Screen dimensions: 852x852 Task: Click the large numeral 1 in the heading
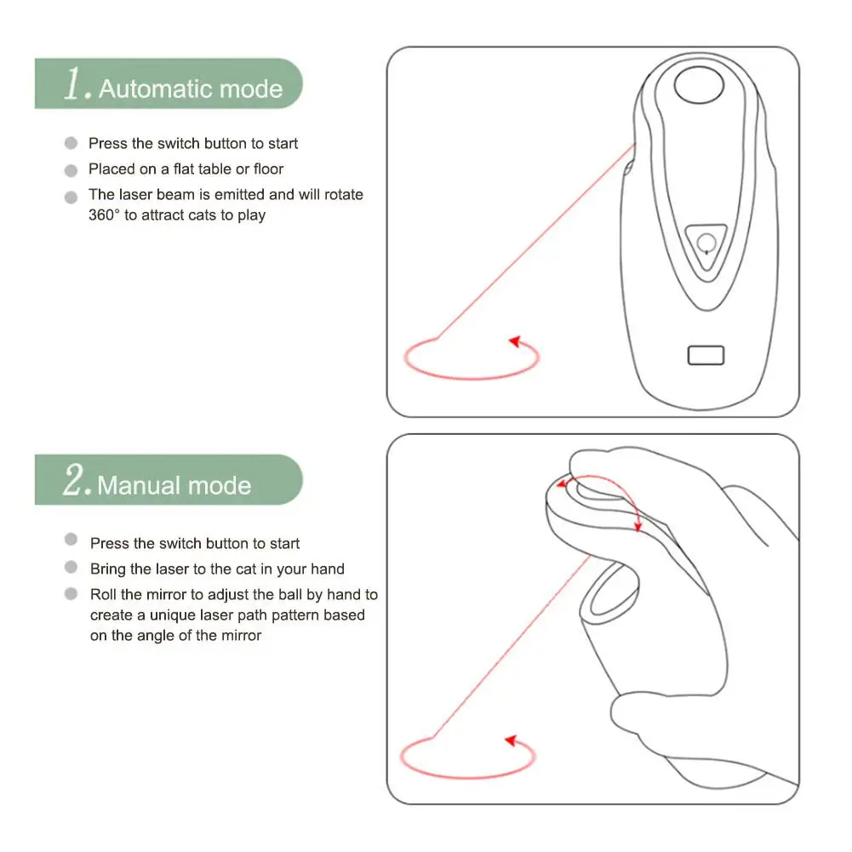(x=74, y=83)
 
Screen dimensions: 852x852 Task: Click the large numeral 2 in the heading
(x=74, y=479)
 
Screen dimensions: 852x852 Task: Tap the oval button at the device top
(x=699, y=85)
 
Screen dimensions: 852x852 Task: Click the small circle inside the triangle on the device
(x=706, y=243)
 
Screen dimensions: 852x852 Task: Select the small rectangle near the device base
(x=706, y=356)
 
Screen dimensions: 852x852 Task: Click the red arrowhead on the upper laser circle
(x=515, y=341)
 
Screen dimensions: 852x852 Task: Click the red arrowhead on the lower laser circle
(x=512, y=740)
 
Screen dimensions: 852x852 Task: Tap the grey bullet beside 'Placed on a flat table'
(x=71, y=170)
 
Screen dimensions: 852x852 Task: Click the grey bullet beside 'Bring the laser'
(x=71, y=567)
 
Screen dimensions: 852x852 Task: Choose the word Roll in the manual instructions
(x=103, y=594)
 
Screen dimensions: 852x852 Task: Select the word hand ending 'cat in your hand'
(x=327, y=569)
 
